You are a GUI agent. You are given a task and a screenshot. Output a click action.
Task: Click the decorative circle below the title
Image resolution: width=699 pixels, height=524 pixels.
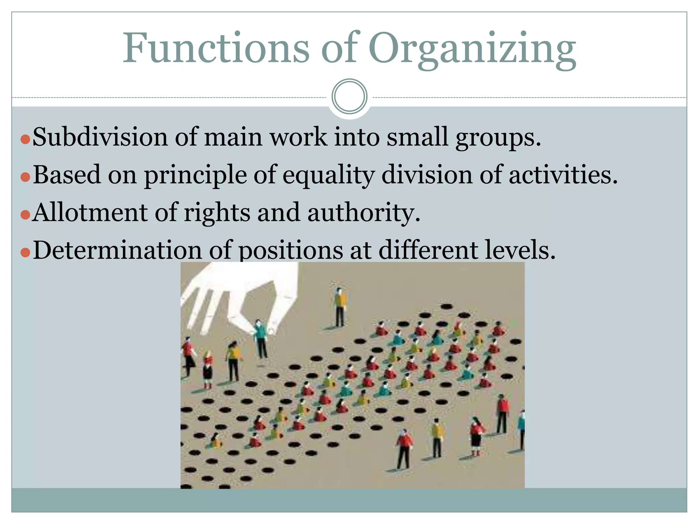349,97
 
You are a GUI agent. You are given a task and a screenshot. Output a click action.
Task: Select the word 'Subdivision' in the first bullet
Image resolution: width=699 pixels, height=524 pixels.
100,137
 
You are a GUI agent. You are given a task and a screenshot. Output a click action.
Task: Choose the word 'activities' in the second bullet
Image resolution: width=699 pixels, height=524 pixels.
562,174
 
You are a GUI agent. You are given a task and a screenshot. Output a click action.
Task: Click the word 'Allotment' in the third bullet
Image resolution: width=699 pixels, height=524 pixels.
90,212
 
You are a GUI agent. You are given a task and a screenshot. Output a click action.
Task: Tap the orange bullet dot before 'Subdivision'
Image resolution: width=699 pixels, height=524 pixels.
25,139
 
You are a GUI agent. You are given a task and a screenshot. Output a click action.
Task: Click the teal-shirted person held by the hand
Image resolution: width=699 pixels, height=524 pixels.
261,338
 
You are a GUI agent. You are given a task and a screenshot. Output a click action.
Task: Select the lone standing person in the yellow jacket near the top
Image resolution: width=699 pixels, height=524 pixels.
340,306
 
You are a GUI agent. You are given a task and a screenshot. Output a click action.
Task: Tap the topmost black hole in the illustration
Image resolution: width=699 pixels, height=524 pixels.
446,306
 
